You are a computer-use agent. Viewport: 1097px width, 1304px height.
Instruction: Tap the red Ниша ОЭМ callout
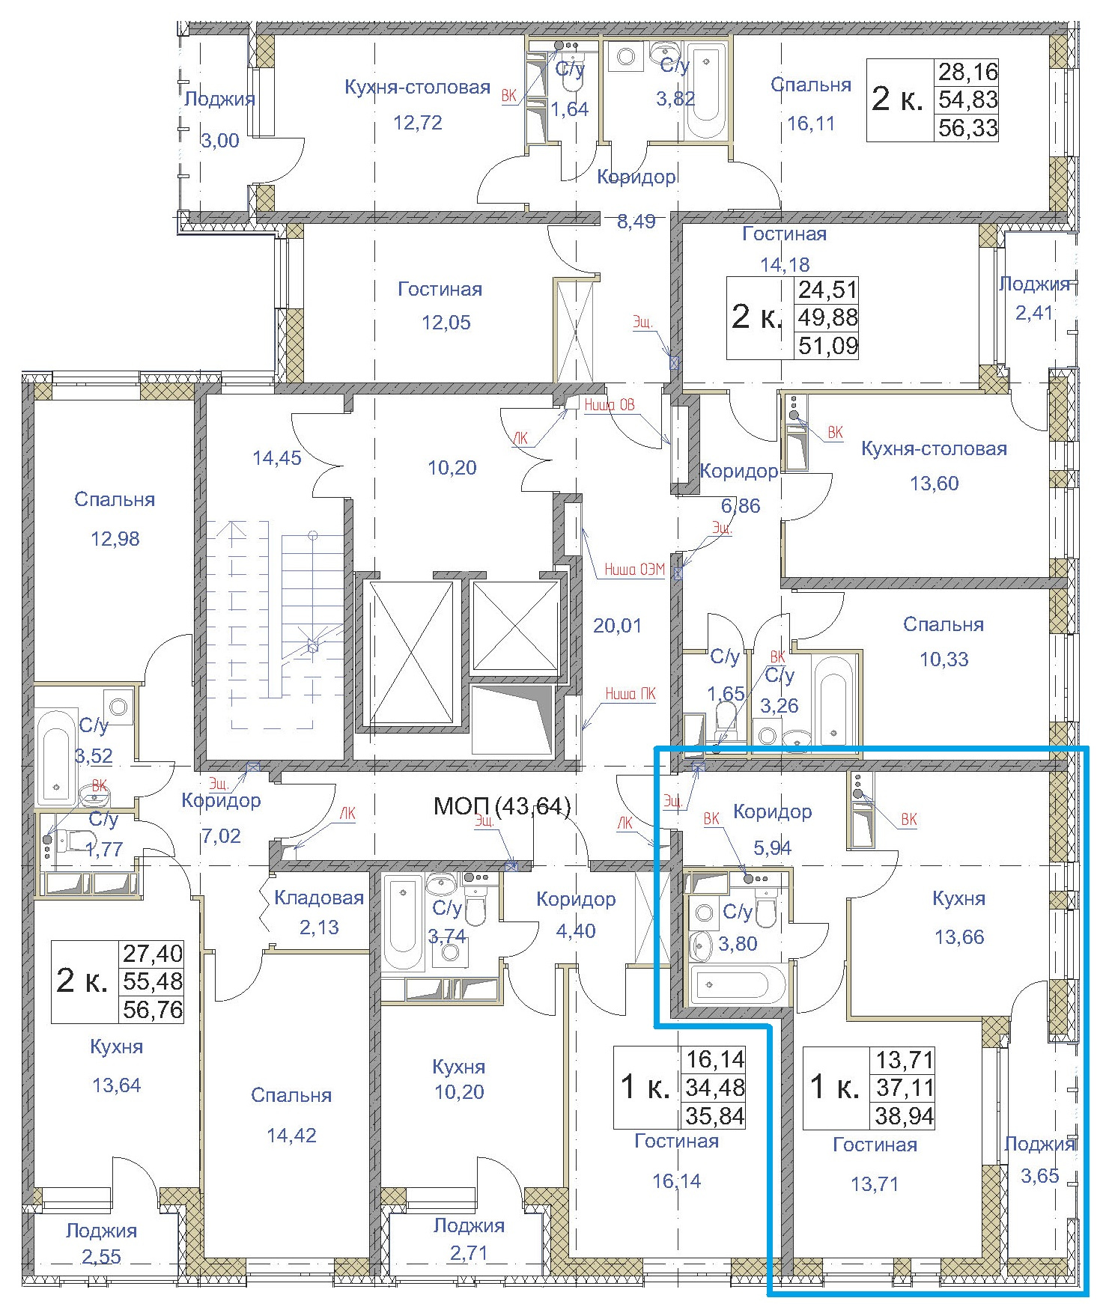(x=634, y=569)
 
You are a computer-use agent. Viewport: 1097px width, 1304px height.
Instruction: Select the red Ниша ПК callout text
(x=630, y=694)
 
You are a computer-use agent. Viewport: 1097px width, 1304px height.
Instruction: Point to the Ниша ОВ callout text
(x=609, y=405)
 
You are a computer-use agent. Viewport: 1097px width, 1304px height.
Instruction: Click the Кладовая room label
(x=319, y=898)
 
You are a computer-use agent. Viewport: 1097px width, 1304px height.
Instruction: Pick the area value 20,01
(x=617, y=625)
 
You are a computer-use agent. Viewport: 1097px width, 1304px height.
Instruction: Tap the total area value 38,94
(x=905, y=1116)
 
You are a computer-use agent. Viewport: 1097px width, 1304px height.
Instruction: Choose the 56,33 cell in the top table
(x=968, y=127)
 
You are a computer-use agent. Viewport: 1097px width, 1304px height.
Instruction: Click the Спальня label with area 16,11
(x=811, y=85)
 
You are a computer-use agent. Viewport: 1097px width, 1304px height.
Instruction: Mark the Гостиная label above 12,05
(x=440, y=289)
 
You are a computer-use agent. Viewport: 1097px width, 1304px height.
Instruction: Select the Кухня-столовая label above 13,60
(x=934, y=448)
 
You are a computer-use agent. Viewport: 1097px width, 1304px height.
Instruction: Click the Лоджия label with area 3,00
(x=219, y=99)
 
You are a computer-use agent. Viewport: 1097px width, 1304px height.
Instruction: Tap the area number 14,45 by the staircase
(x=277, y=458)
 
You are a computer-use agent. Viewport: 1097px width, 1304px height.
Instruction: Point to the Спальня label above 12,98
(x=115, y=499)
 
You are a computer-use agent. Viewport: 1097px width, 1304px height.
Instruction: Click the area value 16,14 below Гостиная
(x=676, y=1180)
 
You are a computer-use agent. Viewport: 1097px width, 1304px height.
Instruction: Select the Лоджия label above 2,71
(x=469, y=1225)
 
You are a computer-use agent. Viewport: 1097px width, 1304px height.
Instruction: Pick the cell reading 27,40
(x=153, y=953)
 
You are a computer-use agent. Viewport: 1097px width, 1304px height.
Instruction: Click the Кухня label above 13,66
(x=958, y=898)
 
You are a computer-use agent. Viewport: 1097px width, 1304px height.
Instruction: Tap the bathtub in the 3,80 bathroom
(x=738, y=985)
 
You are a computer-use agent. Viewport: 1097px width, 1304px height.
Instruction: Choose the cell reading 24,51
(x=827, y=289)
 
